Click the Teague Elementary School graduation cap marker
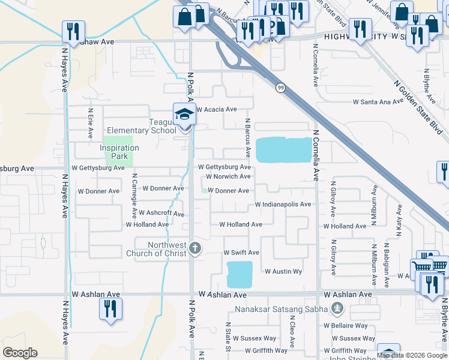[184, 114]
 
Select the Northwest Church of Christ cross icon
[194, 247]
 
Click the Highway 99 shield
[280, 88]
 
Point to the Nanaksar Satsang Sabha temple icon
[337, 309]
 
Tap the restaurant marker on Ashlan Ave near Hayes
[110, 309]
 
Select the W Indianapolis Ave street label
[283, 205]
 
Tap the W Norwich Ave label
[228, 177]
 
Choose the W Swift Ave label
[241, 253]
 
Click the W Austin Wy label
[283, 272]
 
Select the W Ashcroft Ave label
[161, 213]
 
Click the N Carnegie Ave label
[134, 199]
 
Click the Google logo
[20, 353]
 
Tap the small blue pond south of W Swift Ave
[240, 274]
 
